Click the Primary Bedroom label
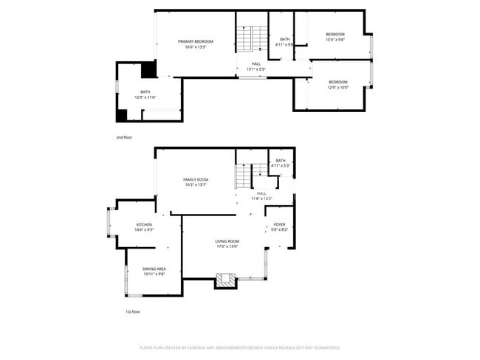coord(196,41)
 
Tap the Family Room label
coord(196,179)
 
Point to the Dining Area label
coord(154,269)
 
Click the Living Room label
coord(227,241)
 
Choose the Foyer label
coord(279,224)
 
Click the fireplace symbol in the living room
coord(224,280)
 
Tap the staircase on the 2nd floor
coord(251,38)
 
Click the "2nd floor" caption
coord(125,137)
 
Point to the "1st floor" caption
coord(132,312)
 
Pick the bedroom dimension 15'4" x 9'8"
coord(335,40)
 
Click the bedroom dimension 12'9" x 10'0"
coord(337,87)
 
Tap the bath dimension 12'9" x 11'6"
coord(145,97)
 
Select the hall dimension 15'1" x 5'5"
coord(256,69)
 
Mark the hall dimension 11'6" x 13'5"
coord(261,198)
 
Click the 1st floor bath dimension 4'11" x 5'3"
coord(280,165)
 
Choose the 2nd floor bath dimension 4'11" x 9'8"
coord(284,44)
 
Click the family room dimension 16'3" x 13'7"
coord(196,184)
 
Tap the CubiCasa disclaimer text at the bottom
coord(239,347)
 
